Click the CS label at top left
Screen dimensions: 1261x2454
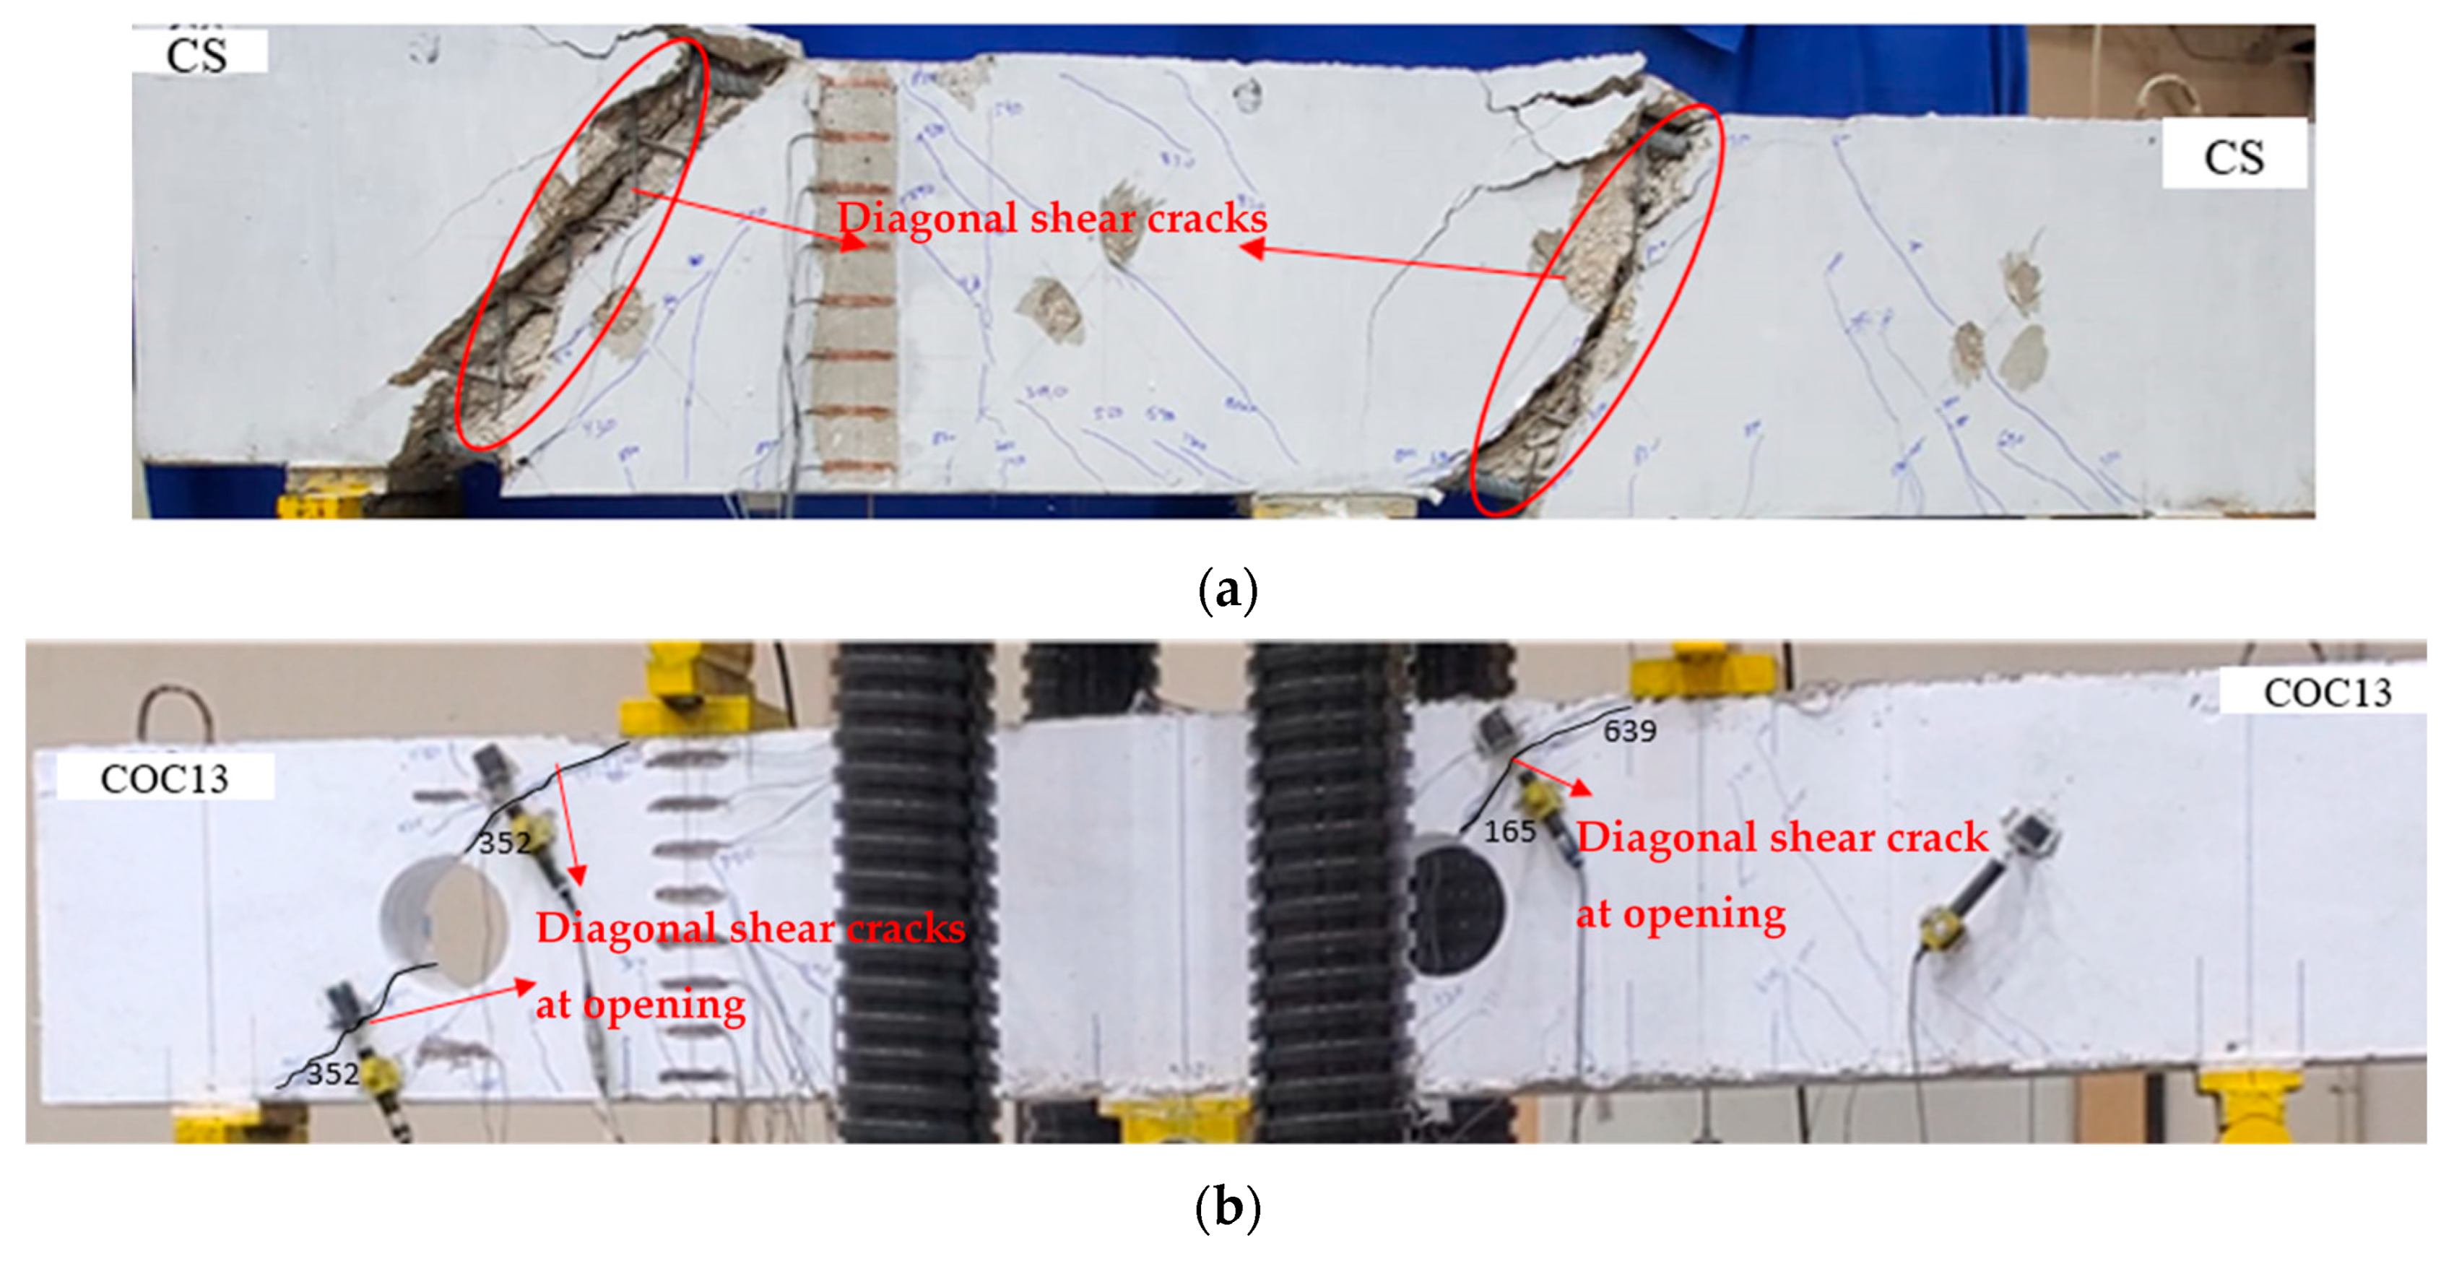click(x=197, y=53)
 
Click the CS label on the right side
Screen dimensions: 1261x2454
click(x=2233, y=156)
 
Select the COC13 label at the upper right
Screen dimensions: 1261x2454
click(x=2326, y=693)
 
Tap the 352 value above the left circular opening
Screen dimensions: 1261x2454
click(x=504, y=843)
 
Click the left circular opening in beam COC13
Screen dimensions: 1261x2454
click(x=445, y=921)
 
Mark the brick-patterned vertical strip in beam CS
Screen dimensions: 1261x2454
click(x=857, y=276)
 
